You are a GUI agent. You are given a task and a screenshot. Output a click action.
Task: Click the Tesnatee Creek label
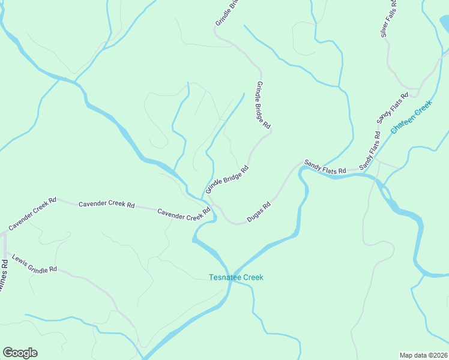[x=236, y=277]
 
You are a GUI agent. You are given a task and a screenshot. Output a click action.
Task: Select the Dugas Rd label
[x=259, y=212]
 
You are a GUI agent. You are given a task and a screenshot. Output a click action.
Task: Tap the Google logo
[x=20, y=353]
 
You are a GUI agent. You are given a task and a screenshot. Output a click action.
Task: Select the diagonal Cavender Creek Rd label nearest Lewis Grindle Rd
[x=32, y=214]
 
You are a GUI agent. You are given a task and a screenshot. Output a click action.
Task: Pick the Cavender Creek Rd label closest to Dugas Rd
[x=184, y=214]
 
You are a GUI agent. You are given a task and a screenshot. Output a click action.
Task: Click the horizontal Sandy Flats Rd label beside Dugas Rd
[x=325, y=167]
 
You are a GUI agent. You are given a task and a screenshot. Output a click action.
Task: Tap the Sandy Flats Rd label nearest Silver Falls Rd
[x=393, y=109]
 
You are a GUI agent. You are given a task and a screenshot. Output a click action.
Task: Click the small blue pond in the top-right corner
[x=444, y=23]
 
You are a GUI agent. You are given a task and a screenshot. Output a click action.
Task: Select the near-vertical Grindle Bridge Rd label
[x=264, y=106]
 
